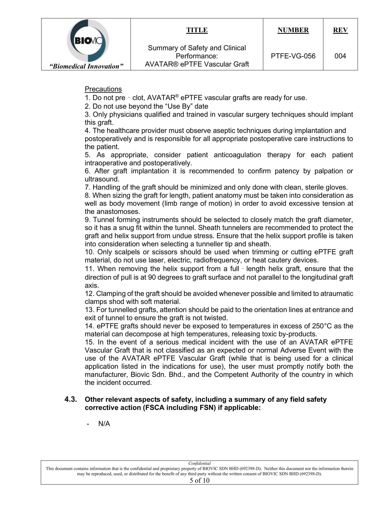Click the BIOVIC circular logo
(88, 41)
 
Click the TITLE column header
(197, 30)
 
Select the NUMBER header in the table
(293, 30)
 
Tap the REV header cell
(340, 30)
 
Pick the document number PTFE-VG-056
(293, 56)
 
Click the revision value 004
(340, 56)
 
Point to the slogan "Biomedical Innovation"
(86, 66)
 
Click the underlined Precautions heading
(103, 89)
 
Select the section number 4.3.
(71, 399)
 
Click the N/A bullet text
(104, 424)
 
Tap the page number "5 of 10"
(199, 480)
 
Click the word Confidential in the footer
(199, 463)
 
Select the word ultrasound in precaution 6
(102, 179)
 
